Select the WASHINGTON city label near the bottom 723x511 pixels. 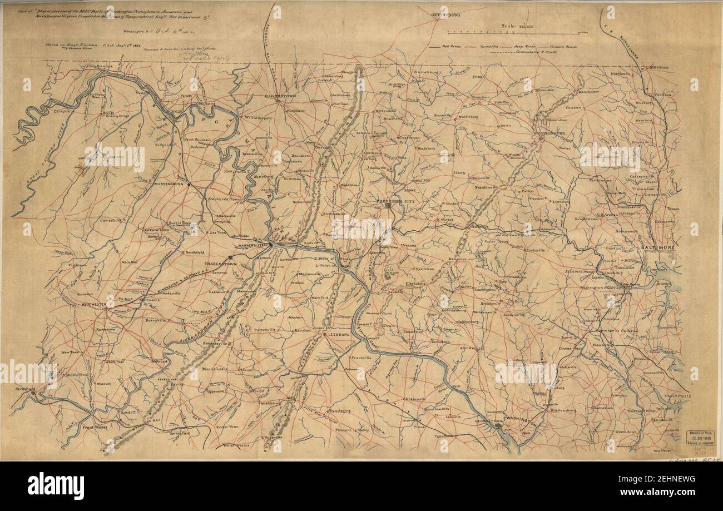click(x=519, y=423)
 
